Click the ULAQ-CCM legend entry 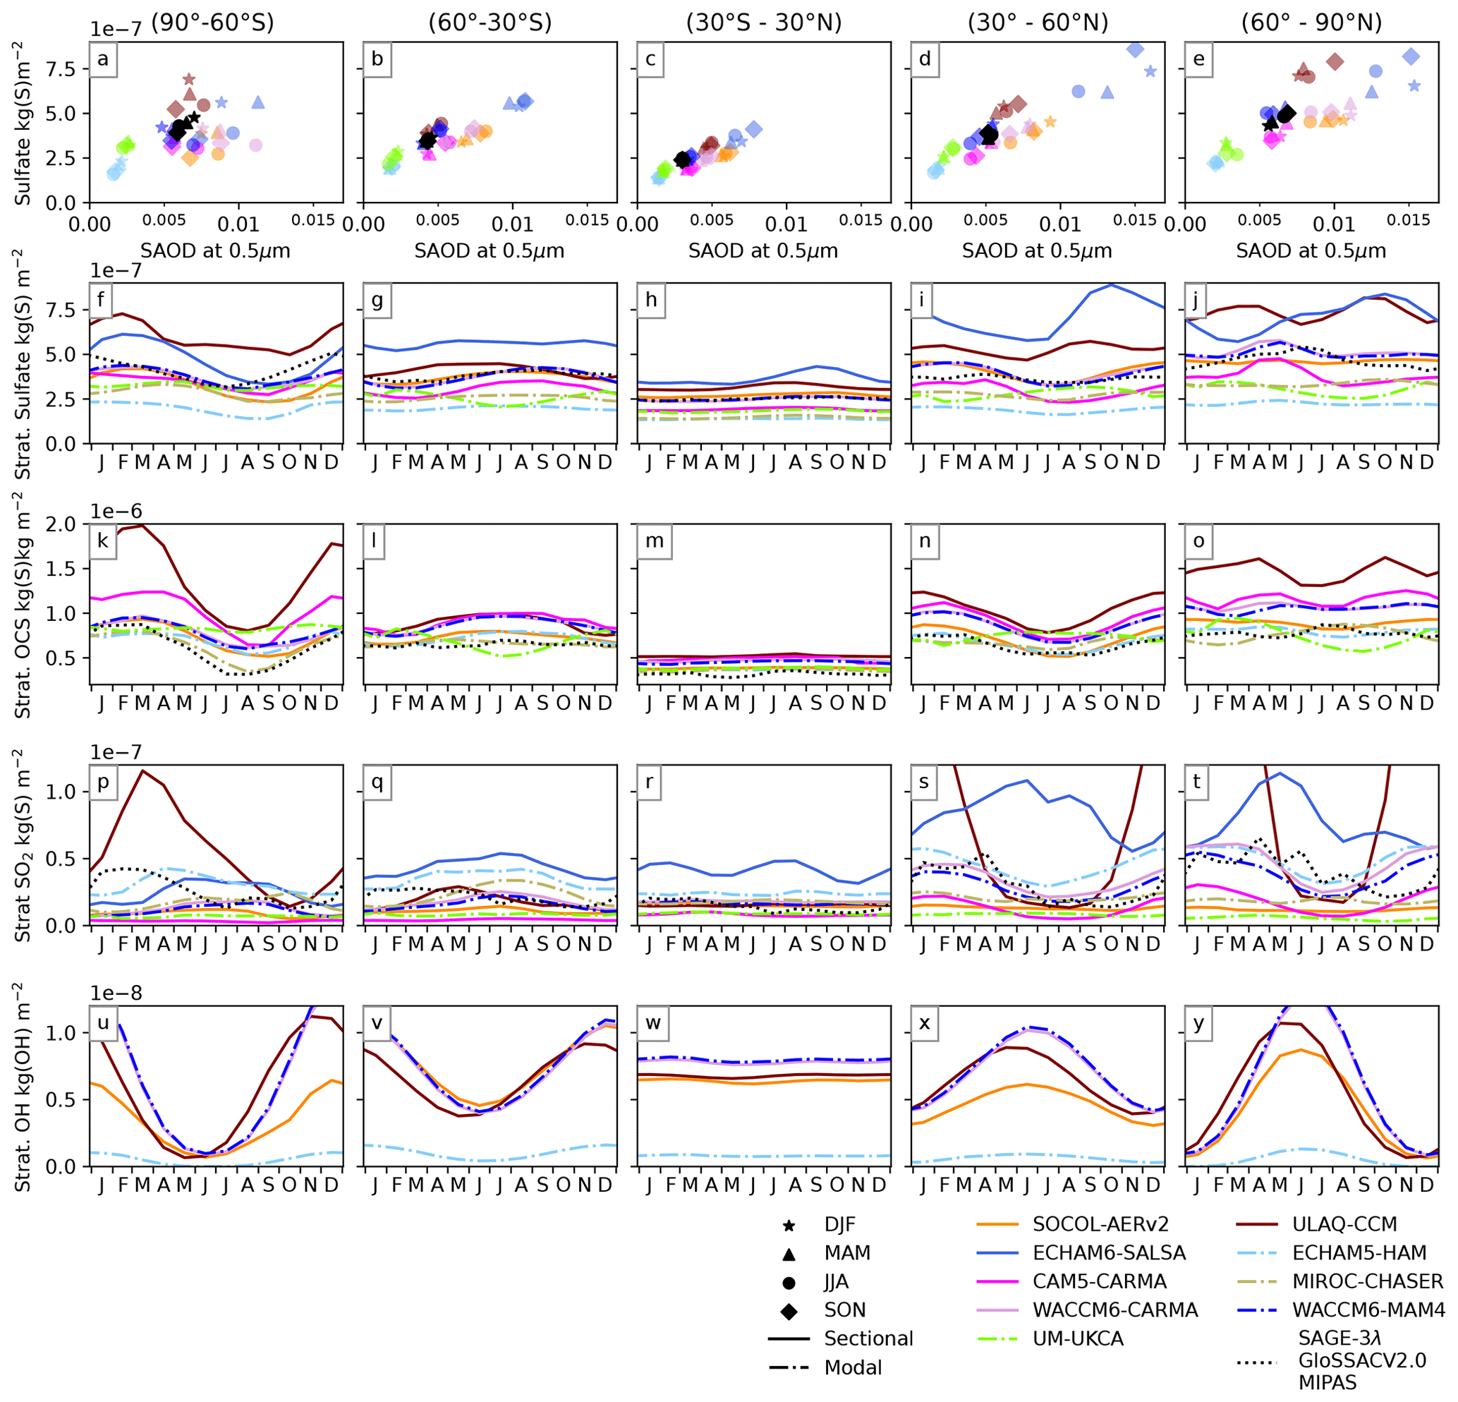click(x=1344, y=1224)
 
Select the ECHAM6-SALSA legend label click(x=1108, y=1253)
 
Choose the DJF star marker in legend click(x=789, y=1225)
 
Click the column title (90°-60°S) click(x=213, y=23)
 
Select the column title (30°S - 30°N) click(x=763, y=23)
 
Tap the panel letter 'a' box click(x=103, y=59)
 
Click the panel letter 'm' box click(x=654, y=541)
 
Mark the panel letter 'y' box click(x=1198, y=1023)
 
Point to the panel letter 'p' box click(x=103, y=782)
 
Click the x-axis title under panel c click(x=763, y=250)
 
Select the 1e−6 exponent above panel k click(x=116, y=512)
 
